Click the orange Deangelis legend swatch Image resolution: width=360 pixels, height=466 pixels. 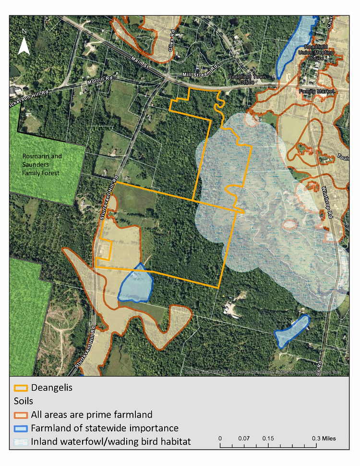coord(21,388)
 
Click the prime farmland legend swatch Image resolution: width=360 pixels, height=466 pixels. coord(21,414)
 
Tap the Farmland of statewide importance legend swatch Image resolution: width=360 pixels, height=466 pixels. coord(21,428)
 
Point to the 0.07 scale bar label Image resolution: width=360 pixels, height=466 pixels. coord(244,439)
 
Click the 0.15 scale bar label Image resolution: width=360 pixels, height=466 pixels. coord(268,439)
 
